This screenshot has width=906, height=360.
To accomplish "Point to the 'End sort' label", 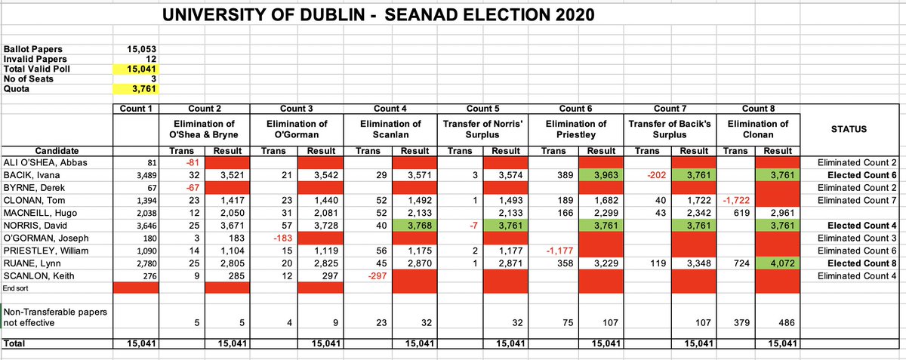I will click(17, 288).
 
